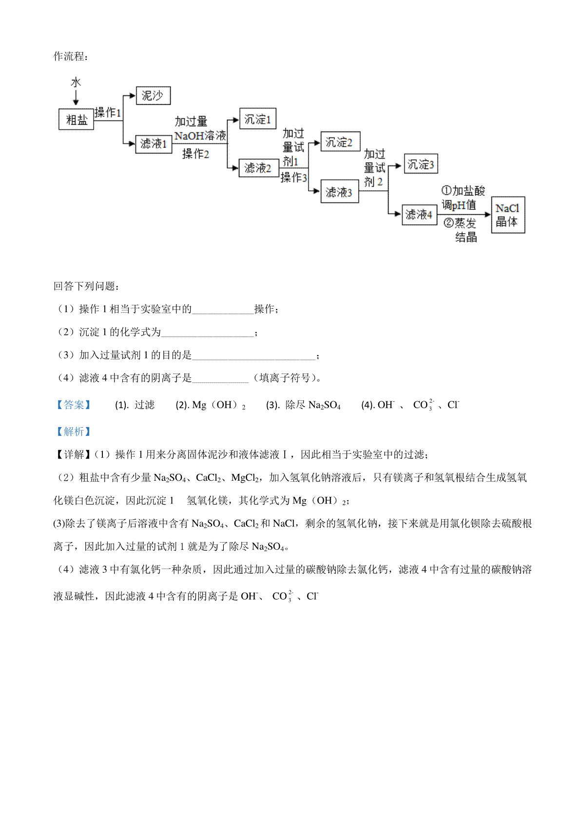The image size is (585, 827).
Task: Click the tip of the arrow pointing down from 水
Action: pyautogui.click(x=76, y=105)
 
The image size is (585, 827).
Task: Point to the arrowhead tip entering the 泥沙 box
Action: pyautogui.click(x=136, y=95)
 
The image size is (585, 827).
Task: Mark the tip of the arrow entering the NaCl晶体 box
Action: pyautogui.click(x=491, y=214)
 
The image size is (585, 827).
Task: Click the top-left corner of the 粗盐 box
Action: pyautogui.click(x=59, y=109)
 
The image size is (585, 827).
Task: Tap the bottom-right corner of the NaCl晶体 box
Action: pyautogui.click(x=525, y=233)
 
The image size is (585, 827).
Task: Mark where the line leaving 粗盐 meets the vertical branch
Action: pyautogui.click(x=123, y=120)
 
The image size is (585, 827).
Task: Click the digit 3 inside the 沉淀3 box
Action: pyautogui.click(x=431, y=165)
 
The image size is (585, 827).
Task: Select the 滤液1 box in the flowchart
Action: pyautogui.click(x=154, y=144)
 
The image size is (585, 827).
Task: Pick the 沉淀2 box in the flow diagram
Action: pyautogui.click(x=340, y=141)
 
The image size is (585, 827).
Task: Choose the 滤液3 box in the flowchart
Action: pyautogui.click(x=340, y=191)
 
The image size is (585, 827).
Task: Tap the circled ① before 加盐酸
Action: pyautogui.click(x=447, y=190)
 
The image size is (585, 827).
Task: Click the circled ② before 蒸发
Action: pyautogui.click(x=448, y=223)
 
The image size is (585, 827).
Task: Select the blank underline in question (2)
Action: pyautogui.click(x=208, y=336)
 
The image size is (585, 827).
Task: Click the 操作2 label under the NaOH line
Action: pyautogui.click(x=195, y=153)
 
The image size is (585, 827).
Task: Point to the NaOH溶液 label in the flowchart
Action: pyautogui.click(x=200, y=136)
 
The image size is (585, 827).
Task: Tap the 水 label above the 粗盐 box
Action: pyautogui.click(x=76, y=82)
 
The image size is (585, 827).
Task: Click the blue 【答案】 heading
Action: pyautogui.click(x=74, y=405)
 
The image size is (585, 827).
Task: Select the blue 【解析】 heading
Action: pyautogui.click(x=74, y=431)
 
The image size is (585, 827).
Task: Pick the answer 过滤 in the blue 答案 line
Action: pyautogui.click(x=144, y=405)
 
